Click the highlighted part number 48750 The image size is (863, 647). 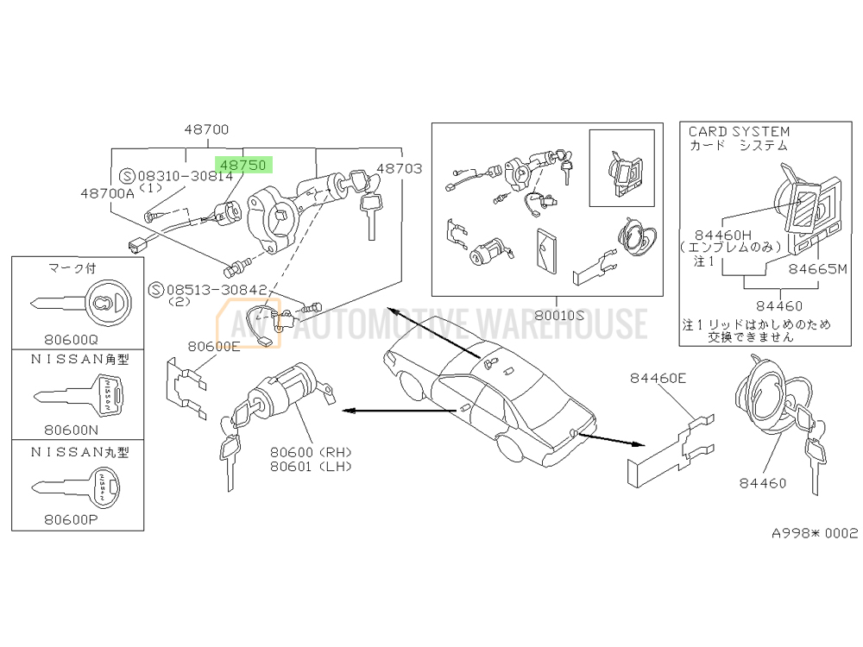tap(243, 164)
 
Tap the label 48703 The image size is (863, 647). tap(400, 169)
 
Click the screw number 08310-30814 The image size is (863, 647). tap(185, 176)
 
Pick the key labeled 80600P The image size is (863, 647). tap(79, 487)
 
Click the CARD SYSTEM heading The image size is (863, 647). tap(739, 132)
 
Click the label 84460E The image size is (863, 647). tap(658, 377)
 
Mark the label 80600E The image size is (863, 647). tap(213, 347)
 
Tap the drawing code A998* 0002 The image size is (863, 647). tap(815, 533)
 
